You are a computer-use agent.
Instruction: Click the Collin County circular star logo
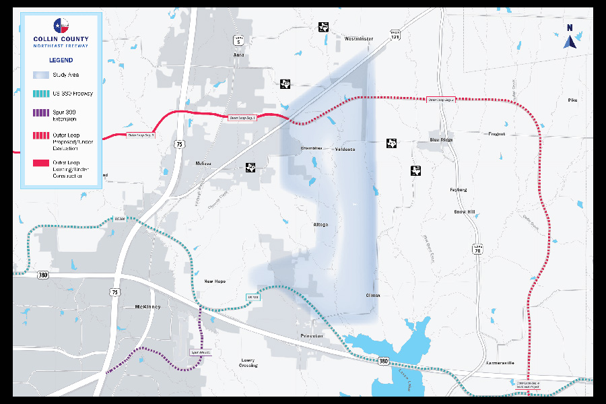pyautogui.click(x=61, y=26)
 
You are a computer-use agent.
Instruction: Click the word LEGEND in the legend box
pyautogui.click(x=61, y=60)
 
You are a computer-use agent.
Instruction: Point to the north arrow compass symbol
pyautogui.click(x=570, y=38)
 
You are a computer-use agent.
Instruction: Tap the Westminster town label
pyautogui.click(x=358, y=39)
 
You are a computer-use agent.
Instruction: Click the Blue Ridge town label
pyautogui.click(x=442, y=139)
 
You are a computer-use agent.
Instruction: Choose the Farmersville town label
pyautogui.click(x=500, y=363)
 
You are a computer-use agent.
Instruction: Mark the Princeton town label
pyautogui.click(x=312, y=335)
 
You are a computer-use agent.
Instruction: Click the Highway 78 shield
pyautogui.click(x=477, y=247)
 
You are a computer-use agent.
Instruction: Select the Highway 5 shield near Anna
pyautogui.click(x=238, y=40)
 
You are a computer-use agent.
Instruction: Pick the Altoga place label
pyautogui.click(x=321, y=224)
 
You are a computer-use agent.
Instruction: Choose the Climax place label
pyautogui.click(x=373, y=295)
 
